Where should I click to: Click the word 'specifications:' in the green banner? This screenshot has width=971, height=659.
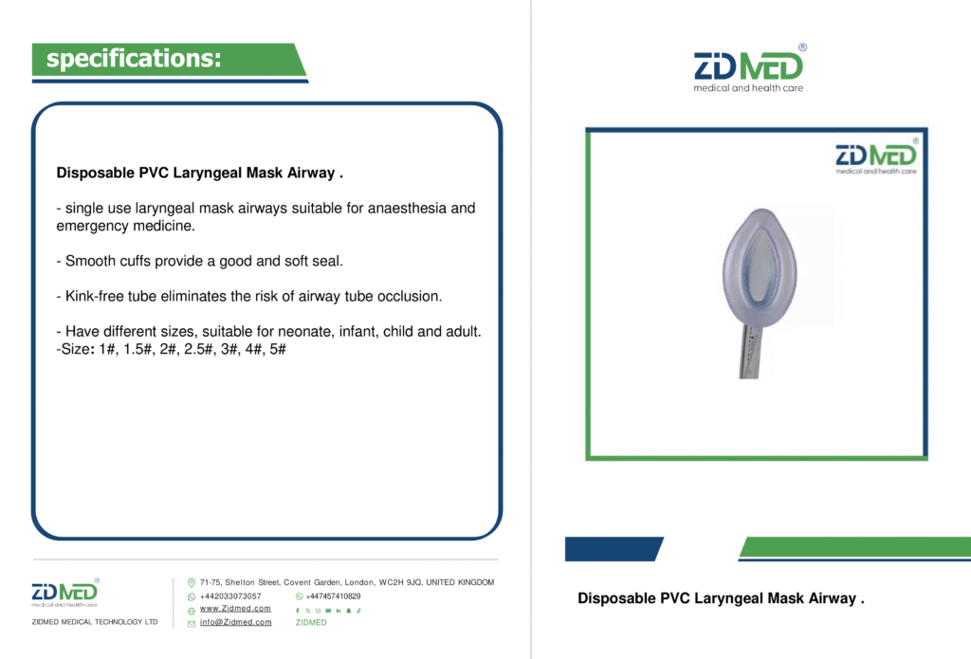coord(134,58)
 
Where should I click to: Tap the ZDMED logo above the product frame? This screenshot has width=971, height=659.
coord(749,69)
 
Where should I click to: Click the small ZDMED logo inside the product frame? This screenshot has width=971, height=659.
coord(876,157)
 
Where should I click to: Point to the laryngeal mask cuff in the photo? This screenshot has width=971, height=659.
coord(760,267)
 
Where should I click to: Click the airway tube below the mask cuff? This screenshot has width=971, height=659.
coord(751,352)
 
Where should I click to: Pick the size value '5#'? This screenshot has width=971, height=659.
coord(278,349)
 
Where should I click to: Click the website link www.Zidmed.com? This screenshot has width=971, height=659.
coord(235,608)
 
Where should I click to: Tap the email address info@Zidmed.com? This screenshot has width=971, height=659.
coord(235,622)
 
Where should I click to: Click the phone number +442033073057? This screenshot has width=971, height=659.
coord(230,596)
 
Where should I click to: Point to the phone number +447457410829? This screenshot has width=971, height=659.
coord(333,596)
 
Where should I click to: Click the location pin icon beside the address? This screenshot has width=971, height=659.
coord(192,582)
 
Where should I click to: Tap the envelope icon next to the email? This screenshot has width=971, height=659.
coord(192,624)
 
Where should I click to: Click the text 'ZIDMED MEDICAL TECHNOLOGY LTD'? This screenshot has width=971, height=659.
coord(95,622)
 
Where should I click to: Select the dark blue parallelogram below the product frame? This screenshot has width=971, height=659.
coord(614,549)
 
